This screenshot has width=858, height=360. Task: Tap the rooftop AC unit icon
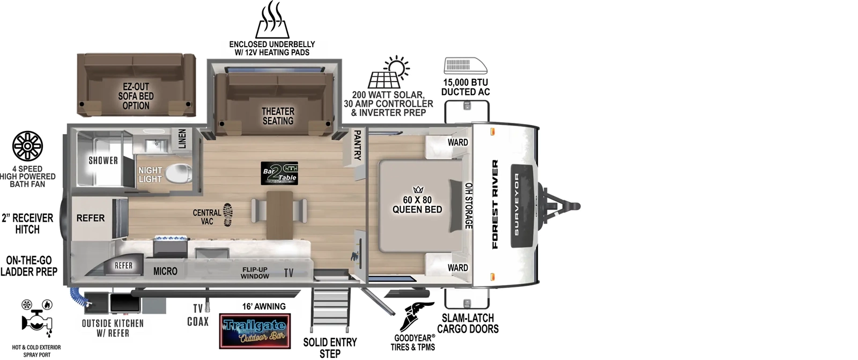pos(465,66)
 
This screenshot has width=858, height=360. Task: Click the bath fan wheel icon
pos(27,146)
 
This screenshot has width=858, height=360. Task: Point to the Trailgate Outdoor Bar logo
pos(255,330)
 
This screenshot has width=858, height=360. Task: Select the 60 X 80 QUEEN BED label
pos(417,204)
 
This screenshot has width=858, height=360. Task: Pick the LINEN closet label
pos(182,139)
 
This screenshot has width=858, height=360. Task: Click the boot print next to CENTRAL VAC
pos(227,215)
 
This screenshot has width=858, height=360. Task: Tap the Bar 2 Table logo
pos(279,173)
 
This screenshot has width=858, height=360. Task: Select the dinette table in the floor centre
pos(279,214)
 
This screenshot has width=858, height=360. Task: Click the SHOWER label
pos(103,160)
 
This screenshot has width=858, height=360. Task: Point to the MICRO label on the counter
pos(165,271)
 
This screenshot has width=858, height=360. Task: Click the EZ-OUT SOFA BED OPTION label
pos(136,96)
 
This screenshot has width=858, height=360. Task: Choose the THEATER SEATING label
pos(278,116)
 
